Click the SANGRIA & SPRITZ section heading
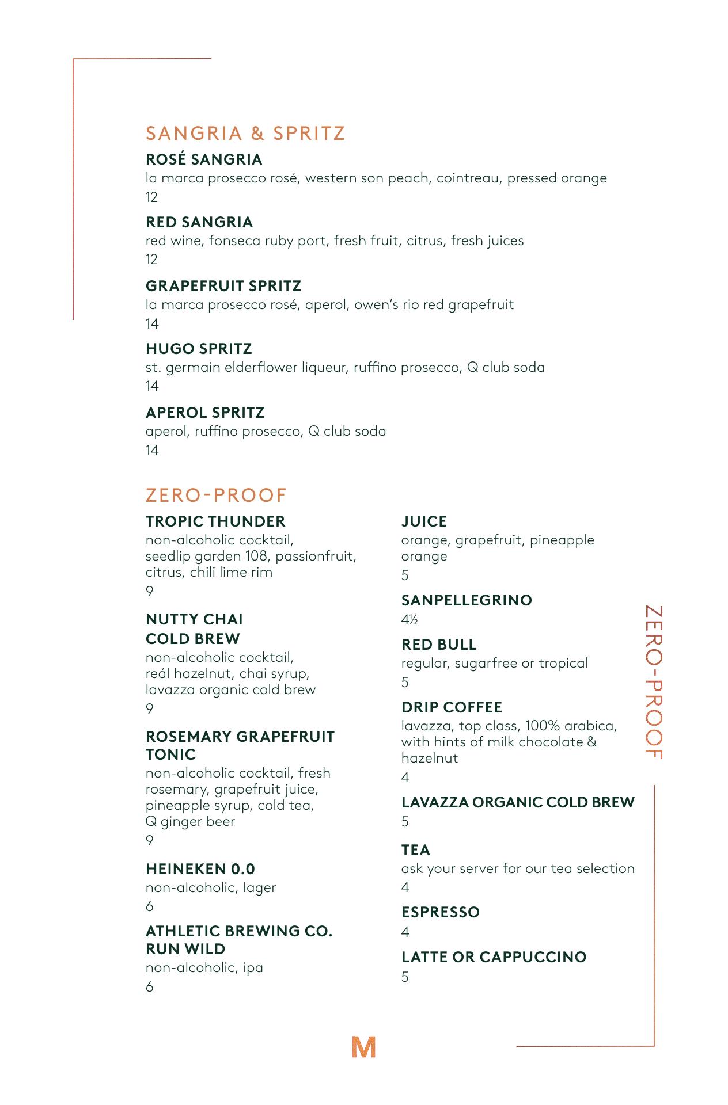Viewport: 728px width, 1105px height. [245, 134]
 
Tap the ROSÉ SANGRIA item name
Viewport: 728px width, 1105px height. [204, 159]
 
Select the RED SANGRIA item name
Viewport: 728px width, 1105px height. [199, 222]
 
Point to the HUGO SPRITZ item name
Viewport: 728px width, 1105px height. [199, 349]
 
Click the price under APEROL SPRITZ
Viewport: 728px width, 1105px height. [152, 451]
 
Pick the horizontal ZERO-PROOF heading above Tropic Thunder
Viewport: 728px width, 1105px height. [216, 495]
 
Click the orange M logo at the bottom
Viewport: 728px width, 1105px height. [363, 1047]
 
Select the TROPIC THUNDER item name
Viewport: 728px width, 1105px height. [215, 521]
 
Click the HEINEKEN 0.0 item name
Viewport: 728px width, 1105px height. [200, 869]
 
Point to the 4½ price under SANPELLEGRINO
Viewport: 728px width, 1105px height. [409, 620]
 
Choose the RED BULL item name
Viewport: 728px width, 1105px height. [439, 645]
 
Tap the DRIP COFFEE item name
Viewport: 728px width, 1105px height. [452, 707]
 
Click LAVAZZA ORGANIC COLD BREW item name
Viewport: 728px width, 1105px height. [518, 802]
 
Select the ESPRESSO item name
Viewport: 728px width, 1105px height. [441, 912]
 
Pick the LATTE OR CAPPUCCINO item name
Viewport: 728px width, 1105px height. [494, 957]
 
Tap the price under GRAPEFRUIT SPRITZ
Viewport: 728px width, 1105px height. [152, 324]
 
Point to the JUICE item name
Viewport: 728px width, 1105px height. [424, 521]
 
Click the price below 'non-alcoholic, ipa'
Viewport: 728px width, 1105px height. [150, 987]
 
